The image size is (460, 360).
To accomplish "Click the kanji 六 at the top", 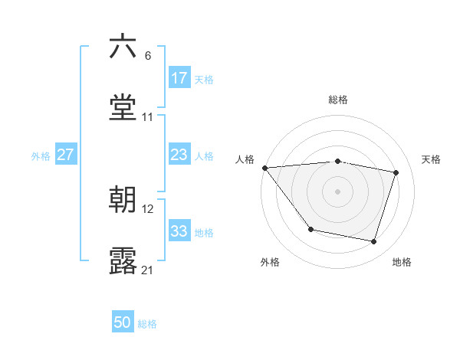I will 123,47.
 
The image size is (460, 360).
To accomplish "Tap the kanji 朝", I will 123,200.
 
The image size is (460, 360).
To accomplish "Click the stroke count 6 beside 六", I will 147,56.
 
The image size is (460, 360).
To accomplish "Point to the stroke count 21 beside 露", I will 148,270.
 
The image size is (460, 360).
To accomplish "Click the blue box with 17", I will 179,78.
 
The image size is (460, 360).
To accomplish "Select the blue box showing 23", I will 179,155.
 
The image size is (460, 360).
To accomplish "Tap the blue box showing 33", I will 179,231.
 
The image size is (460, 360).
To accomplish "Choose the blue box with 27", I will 66,155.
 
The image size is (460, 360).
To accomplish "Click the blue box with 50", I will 123,323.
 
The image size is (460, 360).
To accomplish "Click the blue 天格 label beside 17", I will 204,79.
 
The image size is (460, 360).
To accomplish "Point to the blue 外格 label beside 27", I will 41,155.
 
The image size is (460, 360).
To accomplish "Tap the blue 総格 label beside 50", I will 147,324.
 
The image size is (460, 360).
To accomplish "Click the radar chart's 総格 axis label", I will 338,100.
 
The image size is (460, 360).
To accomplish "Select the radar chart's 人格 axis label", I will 245,159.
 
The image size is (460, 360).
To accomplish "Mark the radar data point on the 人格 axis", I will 264,168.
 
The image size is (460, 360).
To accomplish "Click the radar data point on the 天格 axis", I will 396,172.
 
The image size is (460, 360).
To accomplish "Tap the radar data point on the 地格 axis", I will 374,242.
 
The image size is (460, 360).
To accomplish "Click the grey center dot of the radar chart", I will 338,191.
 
